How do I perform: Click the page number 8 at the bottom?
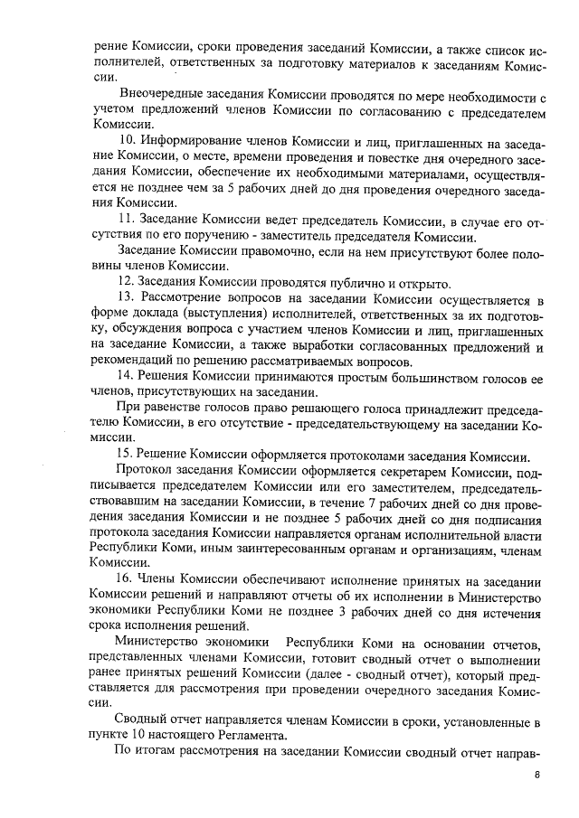[536, 775]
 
